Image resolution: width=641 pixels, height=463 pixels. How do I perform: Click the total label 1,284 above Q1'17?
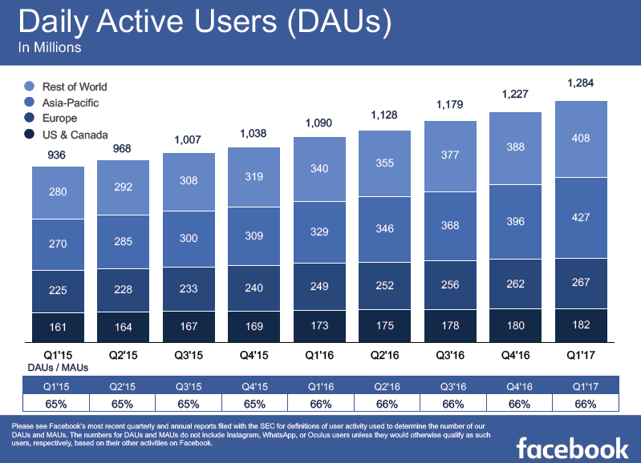point(581,83)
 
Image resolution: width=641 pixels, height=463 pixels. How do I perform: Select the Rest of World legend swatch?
point(30,87)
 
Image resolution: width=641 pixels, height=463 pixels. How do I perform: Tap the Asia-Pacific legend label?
point(71,103)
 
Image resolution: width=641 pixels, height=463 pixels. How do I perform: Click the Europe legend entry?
point(60,119)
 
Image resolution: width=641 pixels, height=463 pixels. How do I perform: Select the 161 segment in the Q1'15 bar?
point(57,327)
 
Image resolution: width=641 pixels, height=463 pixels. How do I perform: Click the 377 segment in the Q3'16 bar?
point(450,155)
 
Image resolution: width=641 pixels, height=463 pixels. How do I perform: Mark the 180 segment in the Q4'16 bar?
point(516,324)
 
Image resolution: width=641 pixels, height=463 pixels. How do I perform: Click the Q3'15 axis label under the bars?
point(188,352)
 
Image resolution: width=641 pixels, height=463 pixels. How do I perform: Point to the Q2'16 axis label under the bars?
point(384,352)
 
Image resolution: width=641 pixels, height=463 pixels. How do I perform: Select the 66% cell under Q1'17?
point(581,404)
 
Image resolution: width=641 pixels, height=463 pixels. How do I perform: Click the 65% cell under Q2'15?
point(123,404)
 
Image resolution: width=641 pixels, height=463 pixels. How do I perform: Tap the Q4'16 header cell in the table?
point(516,385)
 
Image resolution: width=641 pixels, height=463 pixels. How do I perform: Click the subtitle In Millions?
point(49,48)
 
